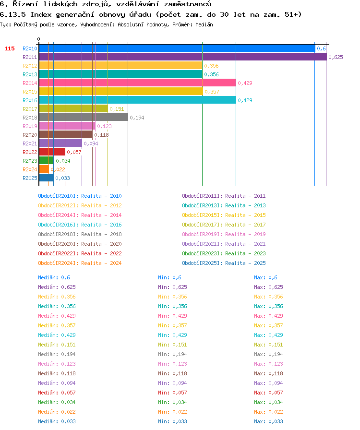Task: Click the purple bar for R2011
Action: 183,57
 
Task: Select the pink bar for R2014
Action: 137,83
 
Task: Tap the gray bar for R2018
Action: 84,118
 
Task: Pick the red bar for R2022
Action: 52,152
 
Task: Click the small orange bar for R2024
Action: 44,169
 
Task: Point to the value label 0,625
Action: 336,57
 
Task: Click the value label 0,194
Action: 137,118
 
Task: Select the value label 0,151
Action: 117,109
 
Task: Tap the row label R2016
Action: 30,100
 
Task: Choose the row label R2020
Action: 30,135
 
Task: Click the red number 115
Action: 10,48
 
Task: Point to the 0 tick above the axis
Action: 39,39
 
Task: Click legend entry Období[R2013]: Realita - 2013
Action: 224,205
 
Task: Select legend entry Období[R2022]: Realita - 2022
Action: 80,253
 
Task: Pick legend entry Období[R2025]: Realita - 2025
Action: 224,263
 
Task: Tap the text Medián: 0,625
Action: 57,287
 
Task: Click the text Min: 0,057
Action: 173,393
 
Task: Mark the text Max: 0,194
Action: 269,354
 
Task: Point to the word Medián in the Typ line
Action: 204,24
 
